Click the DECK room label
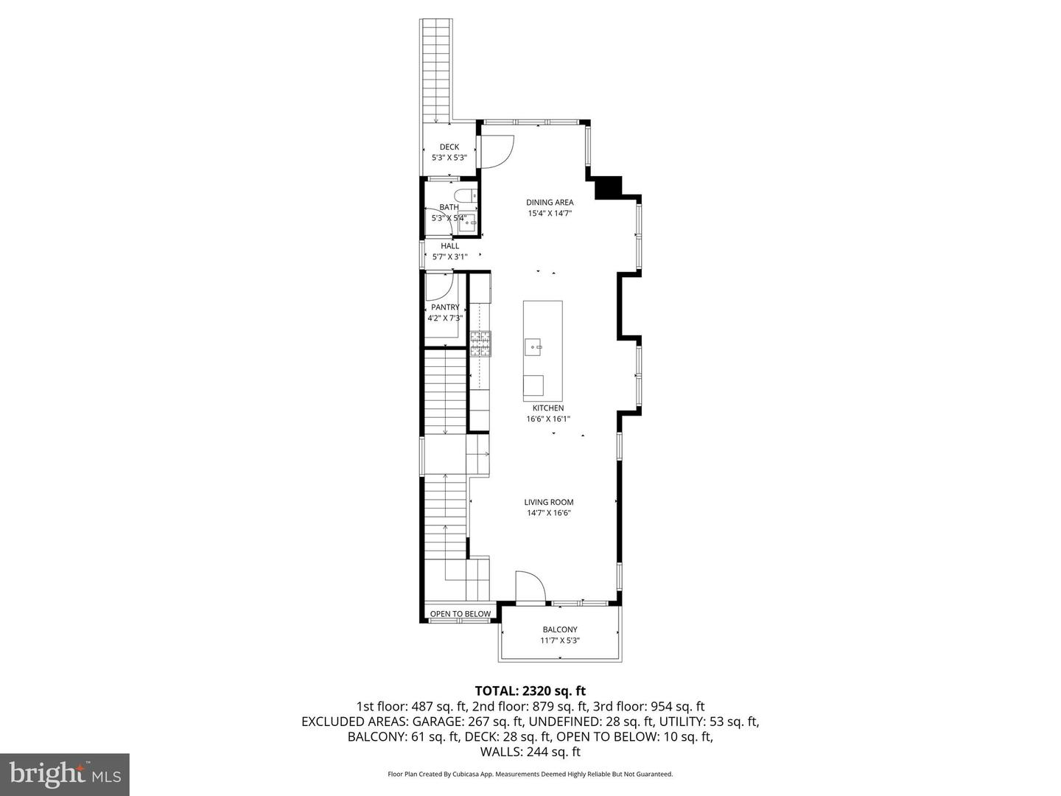449,147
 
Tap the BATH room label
449,207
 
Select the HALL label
449,245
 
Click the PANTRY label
446,307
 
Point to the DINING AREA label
550,203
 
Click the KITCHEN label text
548,408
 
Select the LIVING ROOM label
549,502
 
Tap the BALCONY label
560,629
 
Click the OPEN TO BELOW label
461,614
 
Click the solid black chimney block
609,187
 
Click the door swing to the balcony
529,587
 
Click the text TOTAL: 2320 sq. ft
530,691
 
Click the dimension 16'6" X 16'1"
548,419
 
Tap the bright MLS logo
65,774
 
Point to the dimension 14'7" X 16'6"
549,513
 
